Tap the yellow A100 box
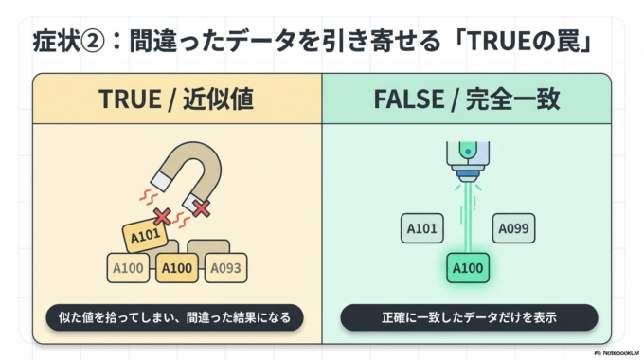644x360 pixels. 178,269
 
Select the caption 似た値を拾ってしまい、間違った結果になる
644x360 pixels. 174,316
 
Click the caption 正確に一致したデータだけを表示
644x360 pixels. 469,316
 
